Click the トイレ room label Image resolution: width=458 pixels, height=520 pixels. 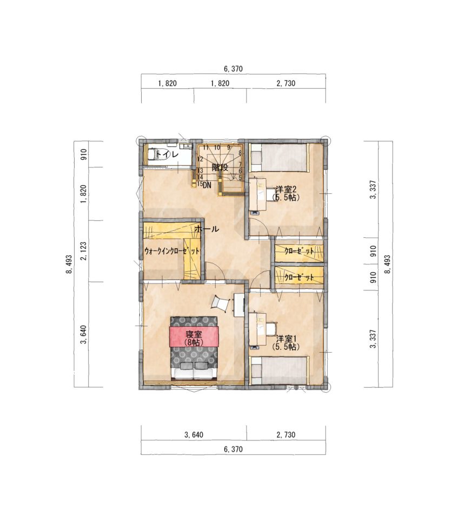(167, 154)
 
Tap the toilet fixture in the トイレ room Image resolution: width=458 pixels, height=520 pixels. (154, 154)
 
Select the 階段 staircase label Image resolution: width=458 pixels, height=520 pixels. (220, 167)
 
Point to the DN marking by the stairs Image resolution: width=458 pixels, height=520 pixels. (207, 185)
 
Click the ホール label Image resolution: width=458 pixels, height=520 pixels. (207, 229)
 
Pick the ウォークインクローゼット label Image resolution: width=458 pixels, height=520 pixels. (172, 251)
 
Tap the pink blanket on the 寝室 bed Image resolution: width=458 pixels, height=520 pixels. (194, 336)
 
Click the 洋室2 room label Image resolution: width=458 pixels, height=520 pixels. (286, 190)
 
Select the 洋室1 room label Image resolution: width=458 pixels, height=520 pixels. (286, 339)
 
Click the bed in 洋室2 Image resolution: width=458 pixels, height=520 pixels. (280, 158)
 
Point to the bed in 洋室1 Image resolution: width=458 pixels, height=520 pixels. (280, 370)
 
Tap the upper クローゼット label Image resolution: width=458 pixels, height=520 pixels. (299, 251)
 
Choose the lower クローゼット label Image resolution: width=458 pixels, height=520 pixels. (299, 277)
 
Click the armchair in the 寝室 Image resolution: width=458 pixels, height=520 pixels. (220, 303)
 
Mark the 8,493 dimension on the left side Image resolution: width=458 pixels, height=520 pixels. (69, 264)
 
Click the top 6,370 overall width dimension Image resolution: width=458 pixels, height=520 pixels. (233, 69)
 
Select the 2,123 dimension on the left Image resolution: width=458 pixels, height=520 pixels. (83, 251)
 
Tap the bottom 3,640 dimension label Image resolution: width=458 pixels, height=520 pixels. (194, 435)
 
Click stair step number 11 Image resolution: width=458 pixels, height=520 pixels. (205, 147)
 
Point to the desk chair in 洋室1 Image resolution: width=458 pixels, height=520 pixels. (271, 329)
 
